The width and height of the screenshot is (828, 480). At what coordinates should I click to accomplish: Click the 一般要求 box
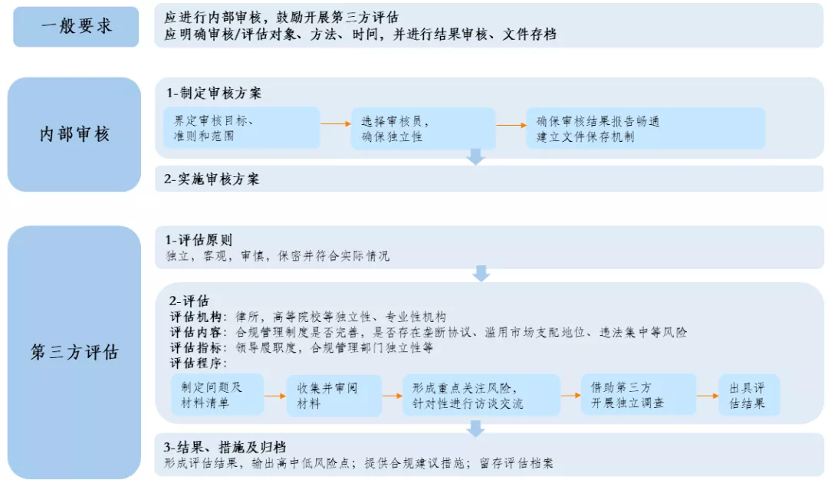[76, 26]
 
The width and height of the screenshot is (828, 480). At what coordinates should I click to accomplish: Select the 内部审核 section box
[74, 134]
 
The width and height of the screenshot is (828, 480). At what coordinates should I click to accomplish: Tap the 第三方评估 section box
[74, 352]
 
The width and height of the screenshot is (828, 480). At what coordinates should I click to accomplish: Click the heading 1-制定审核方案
[214, 93]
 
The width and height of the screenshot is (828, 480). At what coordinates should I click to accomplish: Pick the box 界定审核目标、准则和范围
[242, 128]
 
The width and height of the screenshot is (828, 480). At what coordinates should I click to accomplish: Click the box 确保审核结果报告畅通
[645, 128]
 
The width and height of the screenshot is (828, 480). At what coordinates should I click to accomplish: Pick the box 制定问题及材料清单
[217, 395]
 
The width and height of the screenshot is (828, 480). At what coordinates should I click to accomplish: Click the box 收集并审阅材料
[333, 395]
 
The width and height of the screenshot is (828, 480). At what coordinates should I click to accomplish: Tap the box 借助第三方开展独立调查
[638, 395]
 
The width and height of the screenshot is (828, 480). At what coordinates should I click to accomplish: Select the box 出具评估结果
[748, 395]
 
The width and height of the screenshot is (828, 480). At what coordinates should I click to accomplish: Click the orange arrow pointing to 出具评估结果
[707, 395]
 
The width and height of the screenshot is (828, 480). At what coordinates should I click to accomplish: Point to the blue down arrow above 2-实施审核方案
[476, 157]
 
